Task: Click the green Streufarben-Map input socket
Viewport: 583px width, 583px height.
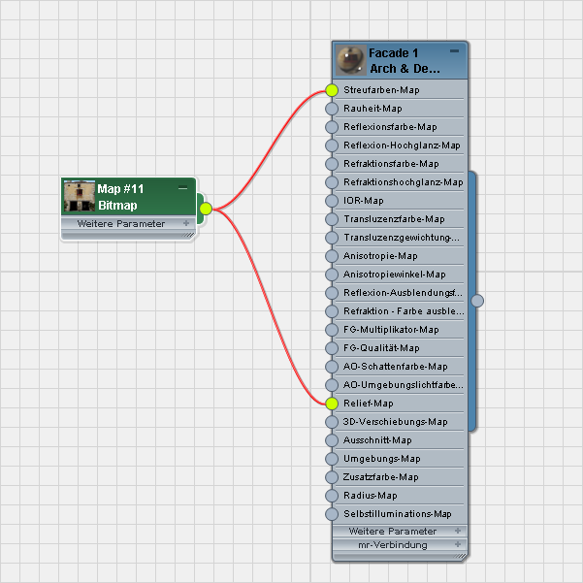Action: point(332,90)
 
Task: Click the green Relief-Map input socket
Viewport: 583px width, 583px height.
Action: point(332,404)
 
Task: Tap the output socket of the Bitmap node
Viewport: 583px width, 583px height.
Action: point(205,208)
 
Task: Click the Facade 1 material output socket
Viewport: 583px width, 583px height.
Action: point(476,301)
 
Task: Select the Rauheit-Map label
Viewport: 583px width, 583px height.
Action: point(372,109)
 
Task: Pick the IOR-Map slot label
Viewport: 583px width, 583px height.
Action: point(364,201)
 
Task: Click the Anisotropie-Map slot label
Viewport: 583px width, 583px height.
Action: point(380,256)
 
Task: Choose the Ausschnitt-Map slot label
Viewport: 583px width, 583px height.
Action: point(377,440)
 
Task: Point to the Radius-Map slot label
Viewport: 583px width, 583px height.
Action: point(371,496)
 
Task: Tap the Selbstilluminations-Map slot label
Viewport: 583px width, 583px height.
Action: point(398,514)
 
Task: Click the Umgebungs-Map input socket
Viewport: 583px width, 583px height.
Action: point(332,459)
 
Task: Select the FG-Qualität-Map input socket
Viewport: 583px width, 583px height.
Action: point(332,348)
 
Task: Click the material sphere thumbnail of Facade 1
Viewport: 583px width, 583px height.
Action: point(349,60)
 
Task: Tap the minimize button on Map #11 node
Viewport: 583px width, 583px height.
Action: point(183,186)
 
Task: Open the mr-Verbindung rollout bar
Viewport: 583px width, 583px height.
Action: point(399,545)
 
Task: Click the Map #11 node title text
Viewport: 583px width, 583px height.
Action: point(120,188)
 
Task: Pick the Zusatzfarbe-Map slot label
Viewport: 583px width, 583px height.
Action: point(381,477)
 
